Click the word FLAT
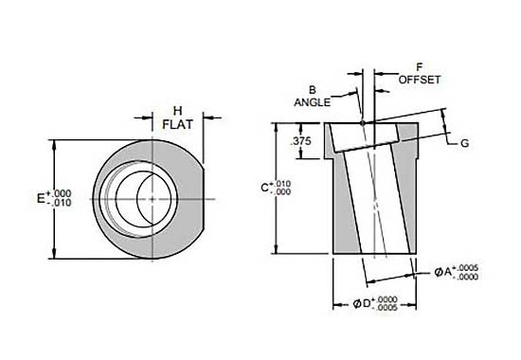178,124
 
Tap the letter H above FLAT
178,110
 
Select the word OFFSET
420,80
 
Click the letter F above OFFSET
420,67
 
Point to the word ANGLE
312,102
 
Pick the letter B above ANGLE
313,90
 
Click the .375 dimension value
300,141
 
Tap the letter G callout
464,143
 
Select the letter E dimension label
41,199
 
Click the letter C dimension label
264,188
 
